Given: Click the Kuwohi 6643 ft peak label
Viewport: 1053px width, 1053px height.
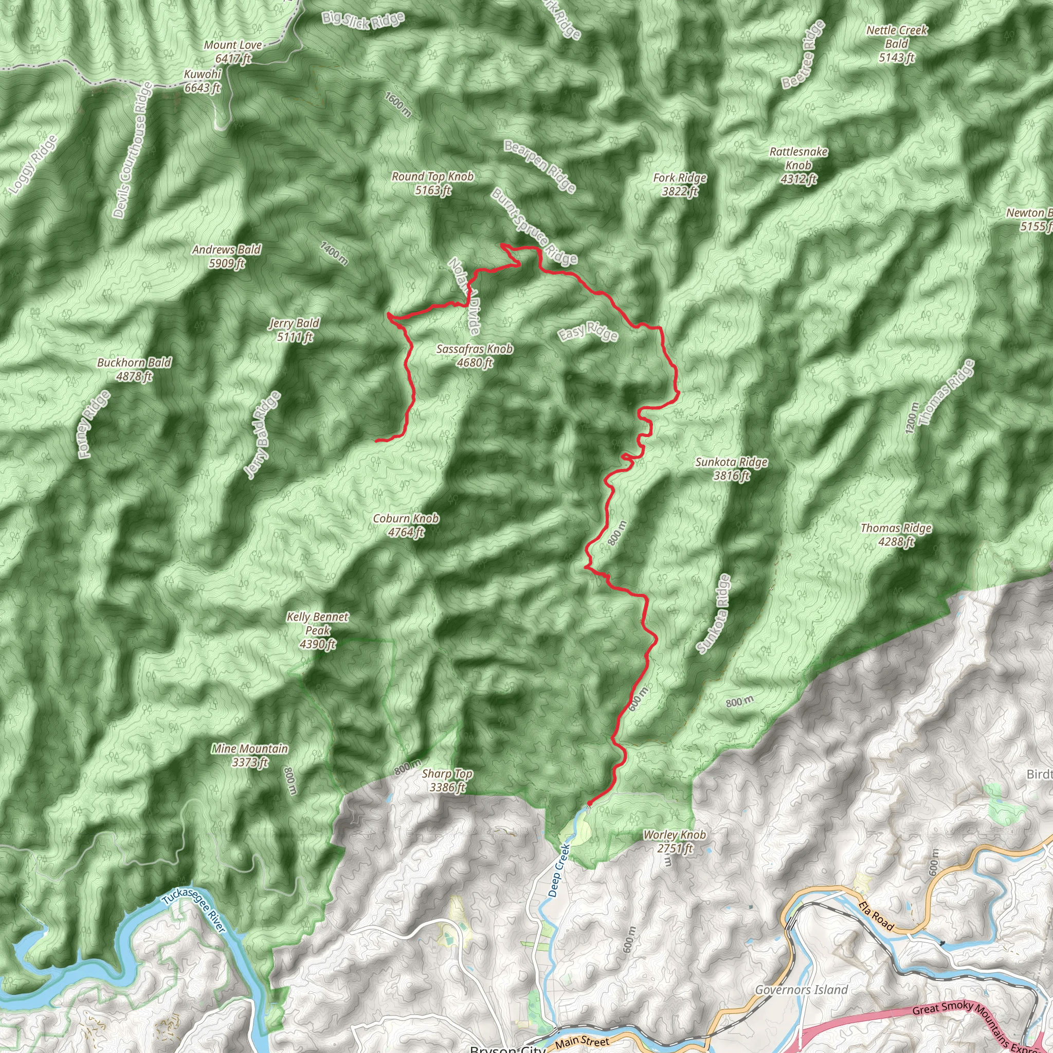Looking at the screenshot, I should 202,81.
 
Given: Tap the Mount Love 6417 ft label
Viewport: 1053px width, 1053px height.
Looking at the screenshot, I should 233,52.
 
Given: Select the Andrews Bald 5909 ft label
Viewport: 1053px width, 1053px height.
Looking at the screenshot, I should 226,256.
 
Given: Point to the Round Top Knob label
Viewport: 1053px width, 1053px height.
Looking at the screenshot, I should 433,183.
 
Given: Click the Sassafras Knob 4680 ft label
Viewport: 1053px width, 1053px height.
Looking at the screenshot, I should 475,355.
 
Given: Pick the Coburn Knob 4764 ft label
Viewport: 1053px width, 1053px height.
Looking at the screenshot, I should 406,525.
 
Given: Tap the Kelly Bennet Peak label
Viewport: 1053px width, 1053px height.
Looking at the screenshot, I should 318,630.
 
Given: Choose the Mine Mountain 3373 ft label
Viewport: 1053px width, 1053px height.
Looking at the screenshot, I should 249,755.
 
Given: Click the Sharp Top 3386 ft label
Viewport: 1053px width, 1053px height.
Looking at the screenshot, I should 447,780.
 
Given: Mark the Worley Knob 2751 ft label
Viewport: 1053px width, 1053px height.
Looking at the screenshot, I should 674,842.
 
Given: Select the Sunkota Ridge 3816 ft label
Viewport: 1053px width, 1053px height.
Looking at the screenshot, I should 732,469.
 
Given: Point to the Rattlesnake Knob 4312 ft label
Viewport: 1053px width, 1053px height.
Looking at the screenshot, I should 798,165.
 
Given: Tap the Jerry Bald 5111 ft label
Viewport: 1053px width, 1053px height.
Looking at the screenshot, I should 294,330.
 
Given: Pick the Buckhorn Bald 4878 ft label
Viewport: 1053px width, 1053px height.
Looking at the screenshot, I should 134,369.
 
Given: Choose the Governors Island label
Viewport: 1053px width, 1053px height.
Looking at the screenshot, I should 801,990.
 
